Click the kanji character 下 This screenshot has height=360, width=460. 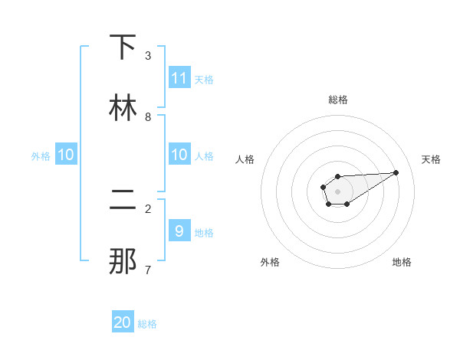tap(123, 47)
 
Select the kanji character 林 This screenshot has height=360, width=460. tap(123, 108)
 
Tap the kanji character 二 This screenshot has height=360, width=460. tap(123, 200)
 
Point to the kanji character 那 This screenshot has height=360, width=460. tap(123, 261)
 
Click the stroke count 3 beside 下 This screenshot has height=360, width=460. tap(148, 56)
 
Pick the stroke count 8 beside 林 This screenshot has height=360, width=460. tap(148, 117)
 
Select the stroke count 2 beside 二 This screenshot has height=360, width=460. tap(148, 208)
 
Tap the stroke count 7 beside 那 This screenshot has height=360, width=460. tap(148, 270)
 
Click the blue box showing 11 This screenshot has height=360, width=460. tap(179, 77)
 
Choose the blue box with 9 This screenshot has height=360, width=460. tap(179, 231)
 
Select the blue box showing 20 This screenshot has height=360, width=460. tap(123, 322)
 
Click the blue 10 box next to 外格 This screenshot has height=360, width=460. tap(66, 155)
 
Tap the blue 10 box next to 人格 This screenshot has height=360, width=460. tap(179, 155)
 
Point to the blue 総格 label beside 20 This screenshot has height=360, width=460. tap(147, 324)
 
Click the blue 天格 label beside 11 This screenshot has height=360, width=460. tap(204, 79)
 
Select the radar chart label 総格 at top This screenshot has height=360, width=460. tap(337, 100)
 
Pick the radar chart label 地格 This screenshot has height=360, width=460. tap(402, 262)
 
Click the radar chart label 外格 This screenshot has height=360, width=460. tap(270, 262)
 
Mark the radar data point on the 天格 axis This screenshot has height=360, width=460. tap(396, 172)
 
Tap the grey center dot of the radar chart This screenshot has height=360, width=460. tap(337, 191)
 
